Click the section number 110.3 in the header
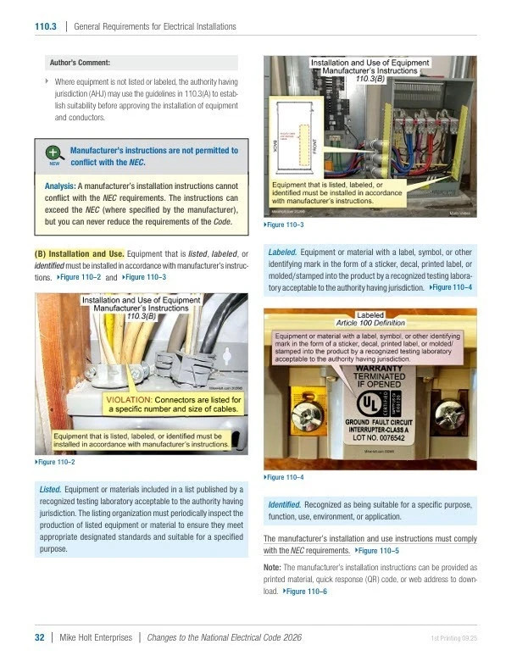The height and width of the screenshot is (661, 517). tap(44, 26)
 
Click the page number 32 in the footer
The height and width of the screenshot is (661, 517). tap(39, 637)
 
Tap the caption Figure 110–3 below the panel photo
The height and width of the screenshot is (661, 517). tap(285, 225)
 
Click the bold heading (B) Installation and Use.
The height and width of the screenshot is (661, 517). tap(80, 253)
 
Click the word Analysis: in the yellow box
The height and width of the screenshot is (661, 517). tap(60, 186)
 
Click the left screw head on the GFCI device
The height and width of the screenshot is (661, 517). tap(302, 414)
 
